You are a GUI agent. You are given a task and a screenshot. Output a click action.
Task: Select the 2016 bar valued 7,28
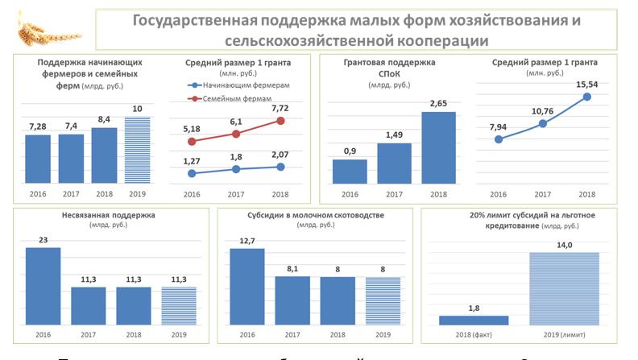click(38, 158)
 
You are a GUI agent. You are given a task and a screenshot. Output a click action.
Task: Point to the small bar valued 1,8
click(473, 320)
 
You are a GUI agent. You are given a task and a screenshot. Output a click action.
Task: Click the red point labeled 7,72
click(280, 120)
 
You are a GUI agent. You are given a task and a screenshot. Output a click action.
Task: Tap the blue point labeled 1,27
click(192, 172)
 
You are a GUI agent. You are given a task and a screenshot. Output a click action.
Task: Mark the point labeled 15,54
click(586, 97)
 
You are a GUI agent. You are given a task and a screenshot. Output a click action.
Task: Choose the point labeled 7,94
click(499, 139)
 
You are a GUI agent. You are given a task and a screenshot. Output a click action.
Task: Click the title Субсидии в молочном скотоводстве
click(315, 216)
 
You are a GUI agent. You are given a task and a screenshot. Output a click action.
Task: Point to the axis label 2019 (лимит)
click(564, 333)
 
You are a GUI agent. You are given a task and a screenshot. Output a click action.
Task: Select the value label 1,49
click(395, 134)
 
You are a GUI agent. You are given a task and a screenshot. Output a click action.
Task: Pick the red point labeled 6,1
click(236, 134)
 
